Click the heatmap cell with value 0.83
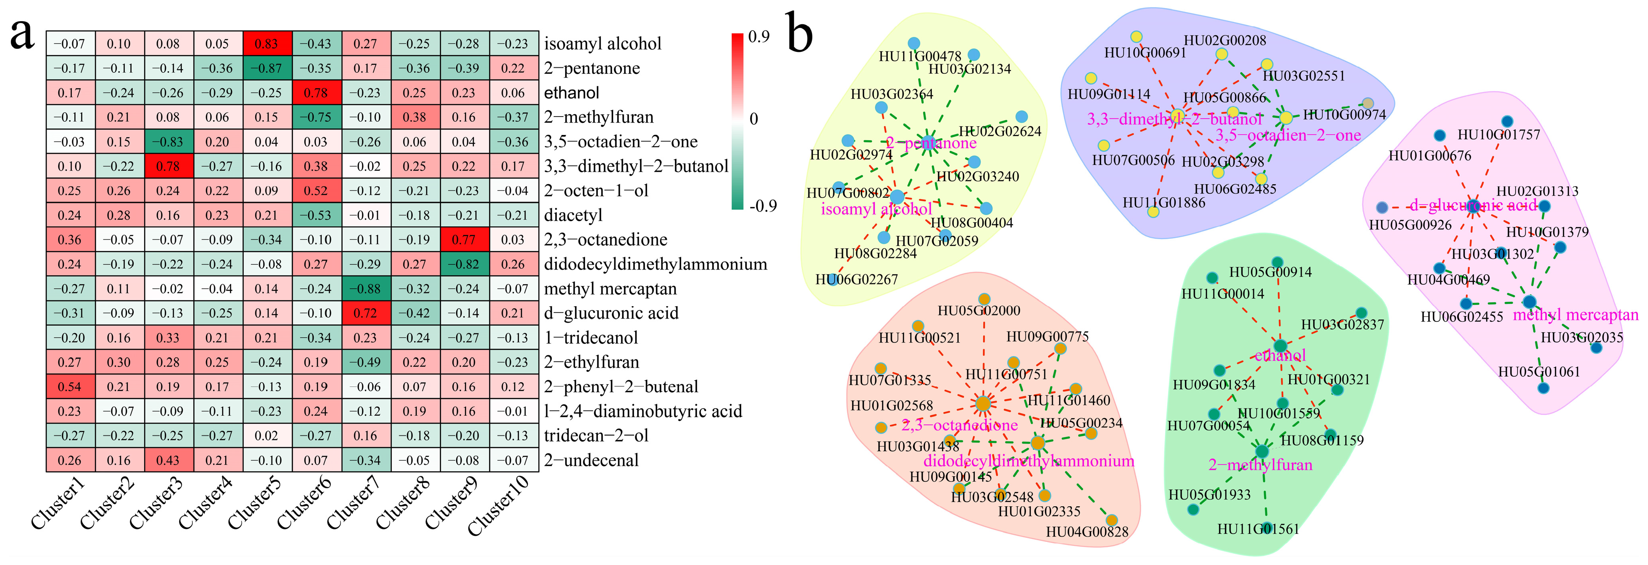click(x=267, y=44)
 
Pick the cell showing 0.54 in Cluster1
click(x=70, y=387)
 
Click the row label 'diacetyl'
click(x=573, y=215)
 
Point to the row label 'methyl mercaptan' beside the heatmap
click(x=611, y=289)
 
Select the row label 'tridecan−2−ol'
click(x=596, y=436)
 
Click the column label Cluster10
click(x=499, y=506)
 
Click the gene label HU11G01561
click(x=1258, y=529)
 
